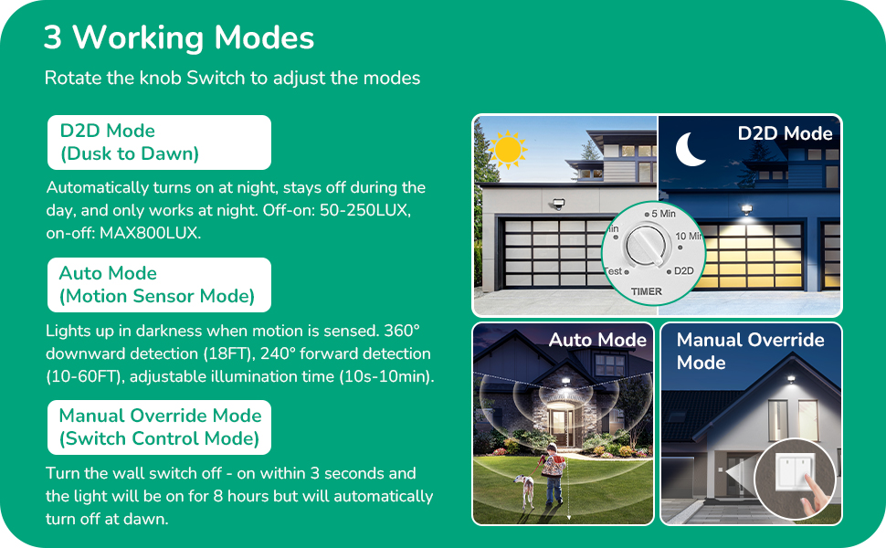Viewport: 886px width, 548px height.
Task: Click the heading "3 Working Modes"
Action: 179,38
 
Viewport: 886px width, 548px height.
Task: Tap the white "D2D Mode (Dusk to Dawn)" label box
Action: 159,142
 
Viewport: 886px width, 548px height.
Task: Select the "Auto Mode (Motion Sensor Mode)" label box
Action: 159,285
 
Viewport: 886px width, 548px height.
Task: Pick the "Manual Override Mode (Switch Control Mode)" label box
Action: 159,427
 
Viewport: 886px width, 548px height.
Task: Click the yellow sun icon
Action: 506,148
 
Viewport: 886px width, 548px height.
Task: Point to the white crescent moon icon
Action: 691,148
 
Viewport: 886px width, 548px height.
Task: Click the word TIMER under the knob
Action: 647,291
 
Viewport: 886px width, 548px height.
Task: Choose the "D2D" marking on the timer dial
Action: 682,271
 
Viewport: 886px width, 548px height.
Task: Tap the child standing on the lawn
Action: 552,473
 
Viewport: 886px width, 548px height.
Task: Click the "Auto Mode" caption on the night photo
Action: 597,341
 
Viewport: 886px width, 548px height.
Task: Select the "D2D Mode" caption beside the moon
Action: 785,133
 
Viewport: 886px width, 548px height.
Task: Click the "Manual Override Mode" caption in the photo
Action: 750,351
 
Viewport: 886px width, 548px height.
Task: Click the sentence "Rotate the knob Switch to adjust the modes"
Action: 232,78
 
